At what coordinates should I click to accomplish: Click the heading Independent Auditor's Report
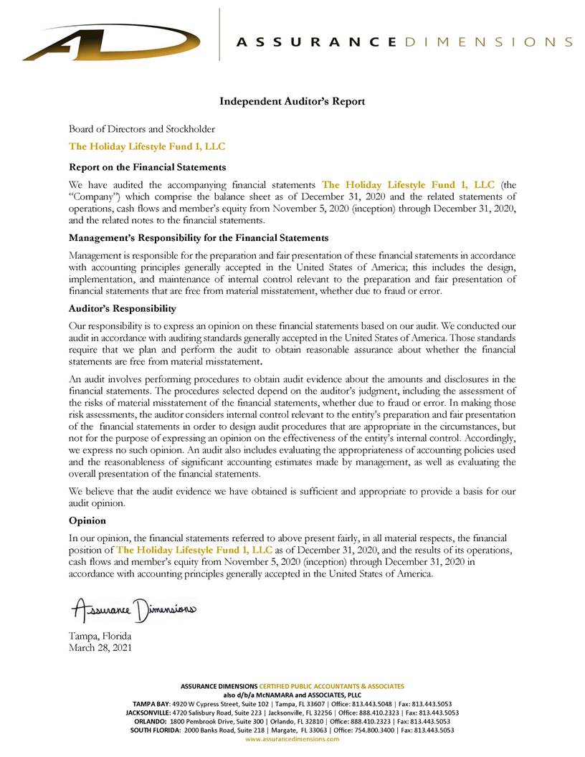pos(292,102)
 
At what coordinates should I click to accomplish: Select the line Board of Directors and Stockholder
pos(141,129)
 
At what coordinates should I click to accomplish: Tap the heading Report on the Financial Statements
pos(147,167)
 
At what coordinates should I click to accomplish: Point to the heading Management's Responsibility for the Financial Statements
pos(199,237)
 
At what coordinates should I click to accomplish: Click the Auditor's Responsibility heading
pos(122,308)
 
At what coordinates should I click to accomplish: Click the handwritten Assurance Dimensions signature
pos(133,610)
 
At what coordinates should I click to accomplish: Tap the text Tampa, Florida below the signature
pos(100,636)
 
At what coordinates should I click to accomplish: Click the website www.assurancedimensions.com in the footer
pos(292,739)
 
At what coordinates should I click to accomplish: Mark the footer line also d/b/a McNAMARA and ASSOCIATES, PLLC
pos(292,695)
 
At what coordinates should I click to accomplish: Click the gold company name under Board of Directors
pos(146,147)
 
